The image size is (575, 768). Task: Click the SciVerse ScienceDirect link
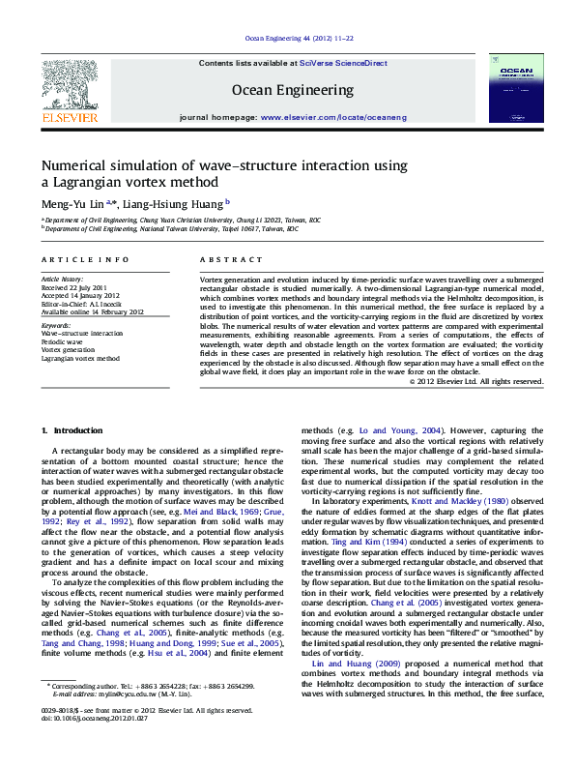click(x=343, y=63)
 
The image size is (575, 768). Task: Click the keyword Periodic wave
click(x=62, y=341)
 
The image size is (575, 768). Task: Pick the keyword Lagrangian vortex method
click(x=80, y=358)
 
